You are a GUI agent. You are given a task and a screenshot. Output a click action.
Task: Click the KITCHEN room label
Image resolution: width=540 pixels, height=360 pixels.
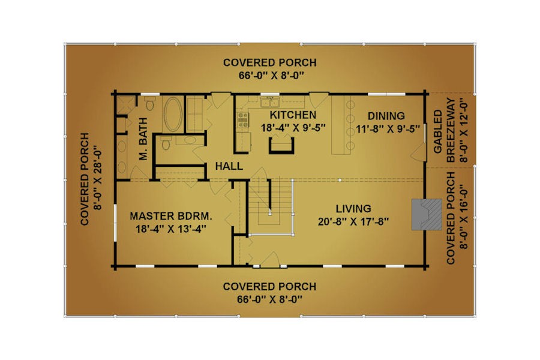point(293,115)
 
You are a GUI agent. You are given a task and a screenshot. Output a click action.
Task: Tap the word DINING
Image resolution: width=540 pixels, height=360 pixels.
point(386,116)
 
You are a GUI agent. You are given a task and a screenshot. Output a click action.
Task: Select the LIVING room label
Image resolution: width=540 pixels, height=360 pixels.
point(353,208)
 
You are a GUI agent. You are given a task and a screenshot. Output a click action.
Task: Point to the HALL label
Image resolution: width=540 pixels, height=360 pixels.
point(229,166)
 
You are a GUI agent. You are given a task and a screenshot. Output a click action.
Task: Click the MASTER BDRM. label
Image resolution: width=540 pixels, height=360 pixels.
point(171,216)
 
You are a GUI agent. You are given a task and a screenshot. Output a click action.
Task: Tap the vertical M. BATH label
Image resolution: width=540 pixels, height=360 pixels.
point(143,139)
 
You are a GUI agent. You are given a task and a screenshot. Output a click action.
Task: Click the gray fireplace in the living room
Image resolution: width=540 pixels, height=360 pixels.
point(427,214)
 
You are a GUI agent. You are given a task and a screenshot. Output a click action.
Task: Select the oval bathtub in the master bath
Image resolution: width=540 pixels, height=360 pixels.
point(173,114)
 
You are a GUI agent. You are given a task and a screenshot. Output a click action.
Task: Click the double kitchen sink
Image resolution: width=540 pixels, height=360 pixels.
point(269,102)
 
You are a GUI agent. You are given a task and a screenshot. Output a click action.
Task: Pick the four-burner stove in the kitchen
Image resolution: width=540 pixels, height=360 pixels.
point(243,119)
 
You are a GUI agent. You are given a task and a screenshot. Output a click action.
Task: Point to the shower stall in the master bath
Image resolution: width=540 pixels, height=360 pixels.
point(126,105)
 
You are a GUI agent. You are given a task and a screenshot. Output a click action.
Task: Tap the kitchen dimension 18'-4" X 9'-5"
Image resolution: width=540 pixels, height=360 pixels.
point(293,128)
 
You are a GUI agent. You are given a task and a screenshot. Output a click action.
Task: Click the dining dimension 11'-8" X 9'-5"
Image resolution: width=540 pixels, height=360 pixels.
point(388,129)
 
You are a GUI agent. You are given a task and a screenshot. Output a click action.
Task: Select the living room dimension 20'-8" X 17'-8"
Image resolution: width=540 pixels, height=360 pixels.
point(353,221)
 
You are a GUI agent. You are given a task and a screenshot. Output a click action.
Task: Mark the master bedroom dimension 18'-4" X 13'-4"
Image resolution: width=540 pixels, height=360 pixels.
point(171,229)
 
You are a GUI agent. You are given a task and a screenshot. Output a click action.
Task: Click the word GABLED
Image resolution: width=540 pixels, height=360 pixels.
point(437,131)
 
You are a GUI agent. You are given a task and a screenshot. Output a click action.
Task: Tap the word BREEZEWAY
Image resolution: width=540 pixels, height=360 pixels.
point(451,130)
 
